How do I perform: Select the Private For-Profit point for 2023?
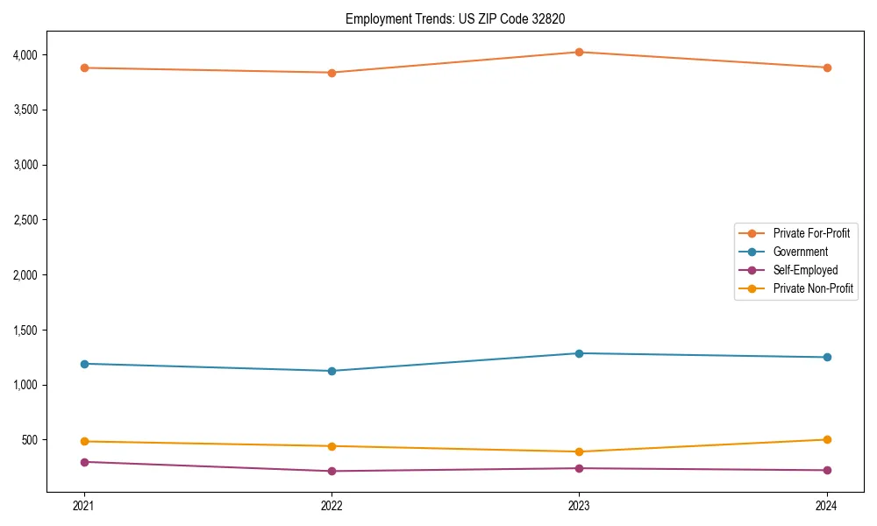579,52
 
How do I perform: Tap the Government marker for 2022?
332,371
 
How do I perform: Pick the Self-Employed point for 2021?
84,462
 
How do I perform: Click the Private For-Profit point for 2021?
84,68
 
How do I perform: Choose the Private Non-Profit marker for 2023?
579,451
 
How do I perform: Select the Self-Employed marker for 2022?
332,471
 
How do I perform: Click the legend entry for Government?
800,252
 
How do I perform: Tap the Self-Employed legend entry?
805,270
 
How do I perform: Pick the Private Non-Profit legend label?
813,288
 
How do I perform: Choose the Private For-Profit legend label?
811,233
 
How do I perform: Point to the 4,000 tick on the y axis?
25,55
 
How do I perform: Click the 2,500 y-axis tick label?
25,220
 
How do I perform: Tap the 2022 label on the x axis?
332,506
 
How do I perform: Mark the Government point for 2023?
579,353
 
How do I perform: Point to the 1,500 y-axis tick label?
25,331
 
